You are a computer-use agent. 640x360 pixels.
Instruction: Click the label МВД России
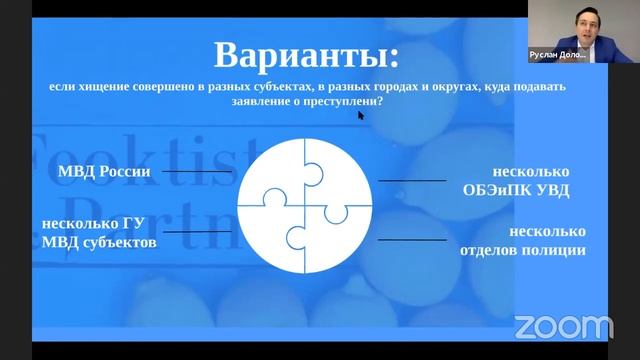click(103, 171)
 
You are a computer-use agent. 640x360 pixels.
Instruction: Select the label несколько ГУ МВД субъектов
click(98, 233)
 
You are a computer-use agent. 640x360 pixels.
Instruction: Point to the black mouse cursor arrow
click(361, 115)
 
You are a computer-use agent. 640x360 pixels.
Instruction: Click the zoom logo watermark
click(563, 326)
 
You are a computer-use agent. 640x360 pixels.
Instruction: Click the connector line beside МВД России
click(196, 171)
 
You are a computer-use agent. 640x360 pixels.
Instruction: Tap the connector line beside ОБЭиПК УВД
click(411, 181)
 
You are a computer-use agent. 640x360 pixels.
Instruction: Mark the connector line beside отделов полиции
click(411, 241)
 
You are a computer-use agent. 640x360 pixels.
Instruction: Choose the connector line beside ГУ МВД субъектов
click(196, 232)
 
